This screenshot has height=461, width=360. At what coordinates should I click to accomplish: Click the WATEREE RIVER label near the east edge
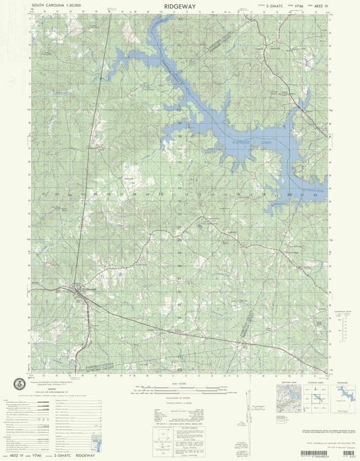(x=312, y=191)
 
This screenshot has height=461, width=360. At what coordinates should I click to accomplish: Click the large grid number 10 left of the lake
(x=161, y=194)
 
